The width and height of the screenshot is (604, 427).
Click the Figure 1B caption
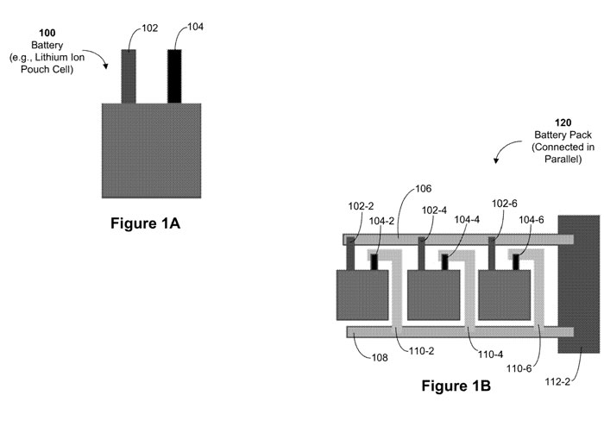pos(456,386)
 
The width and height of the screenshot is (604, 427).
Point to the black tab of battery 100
pos(175,76)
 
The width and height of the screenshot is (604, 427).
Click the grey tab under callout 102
pos(129,76)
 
